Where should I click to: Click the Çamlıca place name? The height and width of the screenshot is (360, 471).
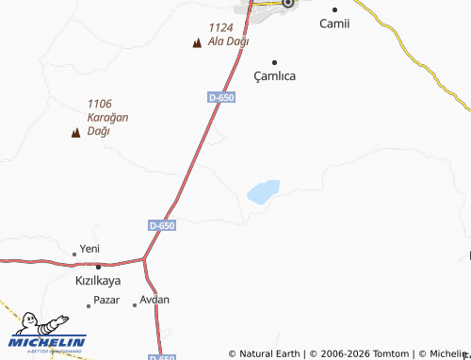(x=275, y=76)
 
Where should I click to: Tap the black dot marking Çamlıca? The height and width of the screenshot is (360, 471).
(x=275, y=62)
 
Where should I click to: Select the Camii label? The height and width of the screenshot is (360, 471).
(x=334, y=24)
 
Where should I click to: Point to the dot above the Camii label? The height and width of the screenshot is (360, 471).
(x=333, y=8)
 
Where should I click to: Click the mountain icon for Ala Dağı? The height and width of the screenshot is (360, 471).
(x=196, y=42)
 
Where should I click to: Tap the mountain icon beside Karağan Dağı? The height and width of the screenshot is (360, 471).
(x=75, y=132)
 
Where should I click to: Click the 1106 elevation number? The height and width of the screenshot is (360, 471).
(x=99, y=104)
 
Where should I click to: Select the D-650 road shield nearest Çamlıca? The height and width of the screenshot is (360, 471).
(x=220, y=97)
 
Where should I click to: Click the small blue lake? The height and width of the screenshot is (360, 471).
(x=264, y=191)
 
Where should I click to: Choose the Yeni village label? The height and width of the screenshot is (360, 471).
(x=89, y=249)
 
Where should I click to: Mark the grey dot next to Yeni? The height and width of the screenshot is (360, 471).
(x=74, y=254)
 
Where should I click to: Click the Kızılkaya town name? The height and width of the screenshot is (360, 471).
(x=98, y=281)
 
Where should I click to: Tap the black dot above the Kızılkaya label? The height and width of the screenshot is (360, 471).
(x=98, y=267)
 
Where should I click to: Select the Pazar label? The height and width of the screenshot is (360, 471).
(x=106, y=302)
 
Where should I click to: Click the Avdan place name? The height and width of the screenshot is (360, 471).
(x=154, y=300)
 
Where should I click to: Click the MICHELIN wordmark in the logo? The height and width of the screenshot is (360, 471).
(x=48, y=342)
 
